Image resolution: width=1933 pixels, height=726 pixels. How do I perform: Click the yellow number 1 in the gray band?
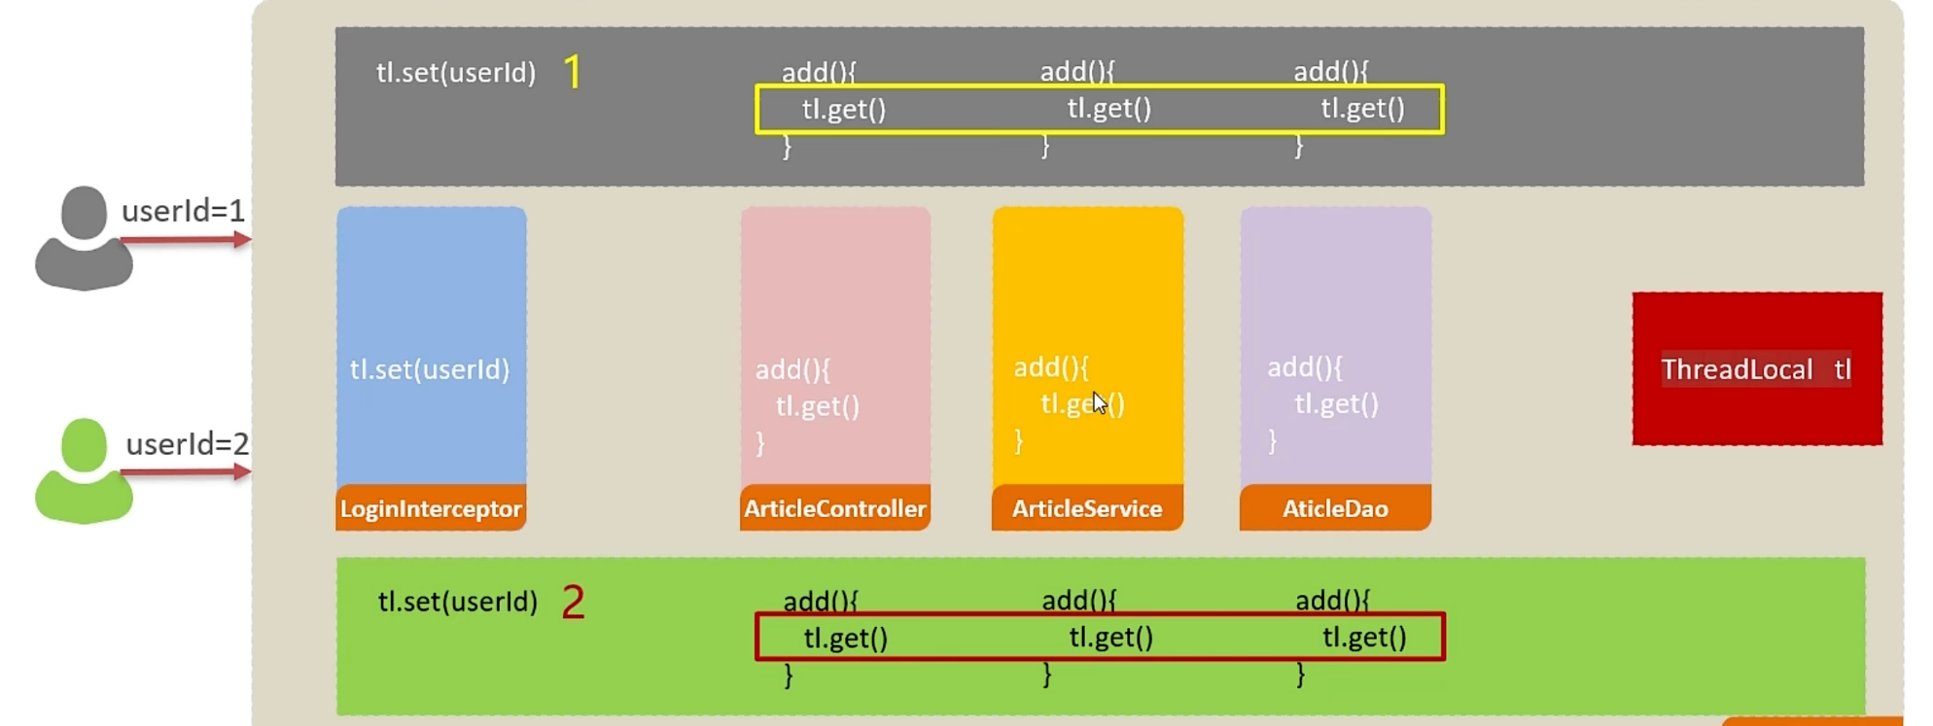coord(573,72)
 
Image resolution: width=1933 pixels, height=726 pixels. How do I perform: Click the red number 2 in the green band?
coord(574,603)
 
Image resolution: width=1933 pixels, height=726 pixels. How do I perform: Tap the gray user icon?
coord(84,238)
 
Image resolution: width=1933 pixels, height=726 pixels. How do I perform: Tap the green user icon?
coord(84,471)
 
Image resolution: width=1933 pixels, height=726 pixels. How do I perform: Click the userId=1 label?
coord(183,211)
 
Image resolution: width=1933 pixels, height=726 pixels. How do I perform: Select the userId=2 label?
coord(188,444)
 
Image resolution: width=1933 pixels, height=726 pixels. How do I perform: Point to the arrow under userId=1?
coord(186,239)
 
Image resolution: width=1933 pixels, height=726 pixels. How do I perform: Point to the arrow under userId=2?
coord(186,472)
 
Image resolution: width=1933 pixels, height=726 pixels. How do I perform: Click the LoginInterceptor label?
coord(431,508)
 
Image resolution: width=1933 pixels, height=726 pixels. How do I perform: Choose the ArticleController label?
coord(834,508)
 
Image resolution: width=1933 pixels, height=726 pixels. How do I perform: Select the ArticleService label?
coord(1087,508)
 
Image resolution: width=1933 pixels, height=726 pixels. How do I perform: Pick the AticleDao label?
coord(1335,508)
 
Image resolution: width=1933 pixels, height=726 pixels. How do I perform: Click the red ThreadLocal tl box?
coord(1756,369)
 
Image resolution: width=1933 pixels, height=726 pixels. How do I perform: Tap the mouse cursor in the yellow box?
coord(1099,402)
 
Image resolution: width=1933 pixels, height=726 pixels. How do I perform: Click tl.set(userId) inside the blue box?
coord(430,369)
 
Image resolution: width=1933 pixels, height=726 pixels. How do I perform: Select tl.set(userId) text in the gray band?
coord(456,73)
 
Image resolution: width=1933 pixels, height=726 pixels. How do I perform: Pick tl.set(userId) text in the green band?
coord(458,602)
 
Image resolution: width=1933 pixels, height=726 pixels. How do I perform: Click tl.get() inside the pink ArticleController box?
coord(817,405)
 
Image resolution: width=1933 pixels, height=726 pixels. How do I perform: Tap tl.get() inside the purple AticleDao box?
coord(1336,403)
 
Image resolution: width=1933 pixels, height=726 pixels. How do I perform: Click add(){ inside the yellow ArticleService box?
coord(1051,367)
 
